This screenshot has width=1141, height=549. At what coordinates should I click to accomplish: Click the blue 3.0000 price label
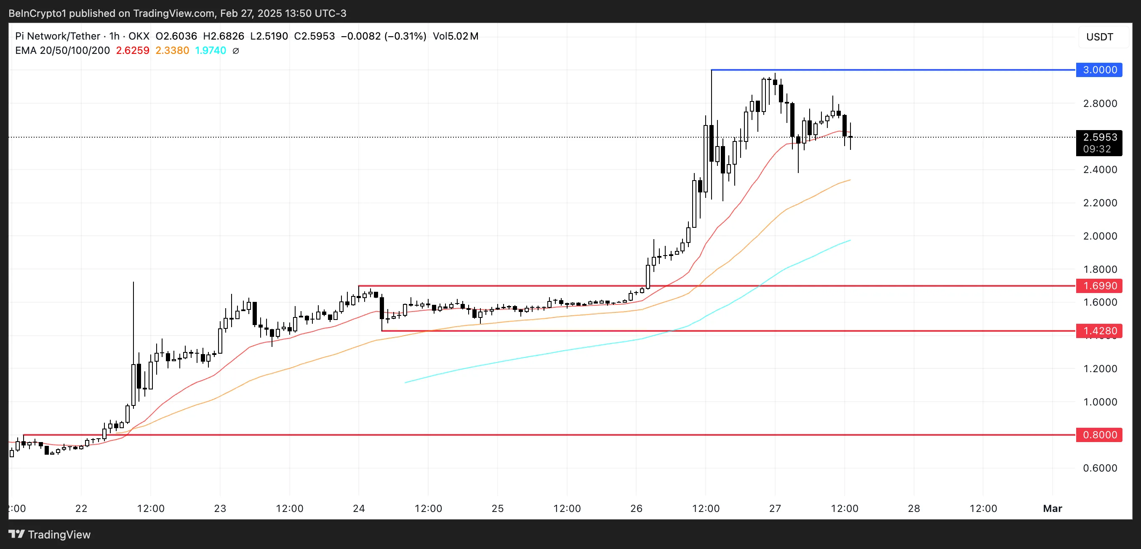[x=1099, y=70]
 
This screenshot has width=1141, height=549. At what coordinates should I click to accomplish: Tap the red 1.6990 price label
[x=1099, y=285]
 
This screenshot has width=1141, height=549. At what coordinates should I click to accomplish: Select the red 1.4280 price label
[x=1099, y=331]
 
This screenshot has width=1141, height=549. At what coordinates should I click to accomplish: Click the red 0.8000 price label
[x=1099, y=435]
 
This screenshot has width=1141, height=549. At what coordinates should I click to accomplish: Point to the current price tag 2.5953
[x=1099, y=137]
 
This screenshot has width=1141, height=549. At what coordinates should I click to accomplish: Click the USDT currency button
[x=1099, y=37]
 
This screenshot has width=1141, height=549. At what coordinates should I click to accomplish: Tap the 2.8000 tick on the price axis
[x=1100, y=104]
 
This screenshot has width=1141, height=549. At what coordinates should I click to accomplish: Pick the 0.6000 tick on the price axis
[x=1100, y=468]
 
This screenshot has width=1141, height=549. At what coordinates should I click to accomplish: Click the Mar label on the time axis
[x=1053, y=508]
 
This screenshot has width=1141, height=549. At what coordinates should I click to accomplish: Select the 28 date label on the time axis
[x=914, y=508]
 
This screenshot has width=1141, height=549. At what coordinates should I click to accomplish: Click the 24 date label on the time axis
[x=359, y=508]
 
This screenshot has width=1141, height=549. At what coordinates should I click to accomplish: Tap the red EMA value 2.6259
[x=133, y=51]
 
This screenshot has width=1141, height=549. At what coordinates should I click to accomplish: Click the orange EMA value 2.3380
[x=172, y=51]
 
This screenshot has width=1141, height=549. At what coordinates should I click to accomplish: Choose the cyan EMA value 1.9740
[x=211, y=51]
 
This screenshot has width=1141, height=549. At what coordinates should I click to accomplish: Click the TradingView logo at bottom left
[x=50, y=534]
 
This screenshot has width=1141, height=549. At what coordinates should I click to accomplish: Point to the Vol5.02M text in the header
[x=455, y=36]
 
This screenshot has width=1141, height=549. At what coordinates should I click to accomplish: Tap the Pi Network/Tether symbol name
[x=58, y=36]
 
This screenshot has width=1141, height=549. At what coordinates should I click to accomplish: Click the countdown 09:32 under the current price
[x=1097, y=149]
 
